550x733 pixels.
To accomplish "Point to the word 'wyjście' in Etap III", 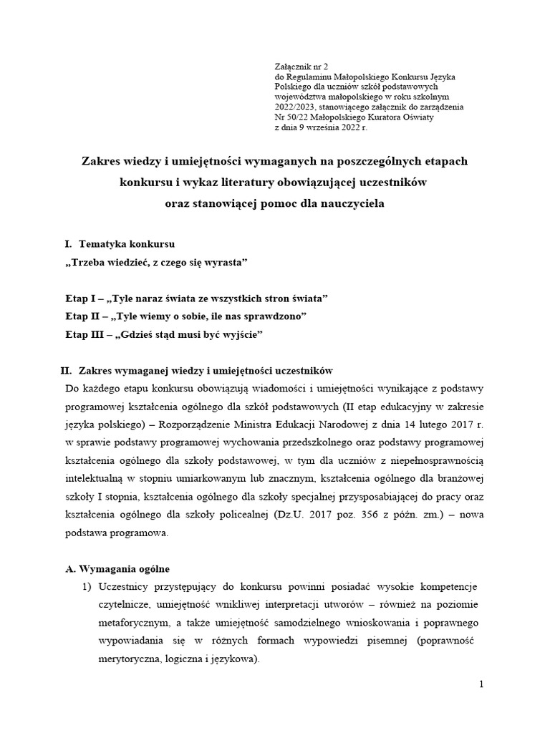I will click(239, 334).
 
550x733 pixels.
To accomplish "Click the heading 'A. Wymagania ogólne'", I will click(117, 569).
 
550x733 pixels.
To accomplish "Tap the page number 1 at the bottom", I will click(482, 685).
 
